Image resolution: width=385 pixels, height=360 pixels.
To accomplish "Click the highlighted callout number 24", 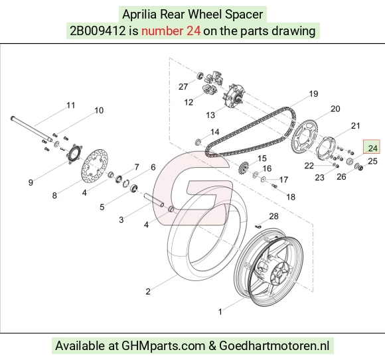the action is click(372, 148).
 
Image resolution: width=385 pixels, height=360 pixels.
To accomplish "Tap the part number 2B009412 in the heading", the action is click(98, 31).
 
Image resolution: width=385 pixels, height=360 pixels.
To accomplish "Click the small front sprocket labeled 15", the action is click(244, 168).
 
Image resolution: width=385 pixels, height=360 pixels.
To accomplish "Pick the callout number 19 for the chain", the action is click(313, 93).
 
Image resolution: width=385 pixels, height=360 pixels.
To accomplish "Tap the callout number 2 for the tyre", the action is click(148, 291).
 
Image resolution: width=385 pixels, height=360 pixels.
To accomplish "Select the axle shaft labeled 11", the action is click(31, 129).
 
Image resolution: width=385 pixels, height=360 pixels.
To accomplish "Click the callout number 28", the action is click(273, 216).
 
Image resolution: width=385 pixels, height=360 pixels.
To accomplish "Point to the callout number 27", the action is click(183, 87).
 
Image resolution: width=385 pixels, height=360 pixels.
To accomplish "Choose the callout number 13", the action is click(210, 115).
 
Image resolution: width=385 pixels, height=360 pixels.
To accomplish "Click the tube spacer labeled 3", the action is click(154, 200).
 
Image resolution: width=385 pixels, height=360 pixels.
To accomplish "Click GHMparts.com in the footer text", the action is click(163, 346).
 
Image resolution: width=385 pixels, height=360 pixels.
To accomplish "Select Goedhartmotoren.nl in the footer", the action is click(274, 346).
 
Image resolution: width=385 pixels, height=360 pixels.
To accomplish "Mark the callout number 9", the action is click(31, 182).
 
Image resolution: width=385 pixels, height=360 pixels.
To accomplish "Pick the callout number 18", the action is click(291, 197).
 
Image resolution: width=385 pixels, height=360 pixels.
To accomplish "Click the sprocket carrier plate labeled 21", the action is click(325, 148).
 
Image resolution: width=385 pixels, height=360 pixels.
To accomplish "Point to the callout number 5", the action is click(102, 207).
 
